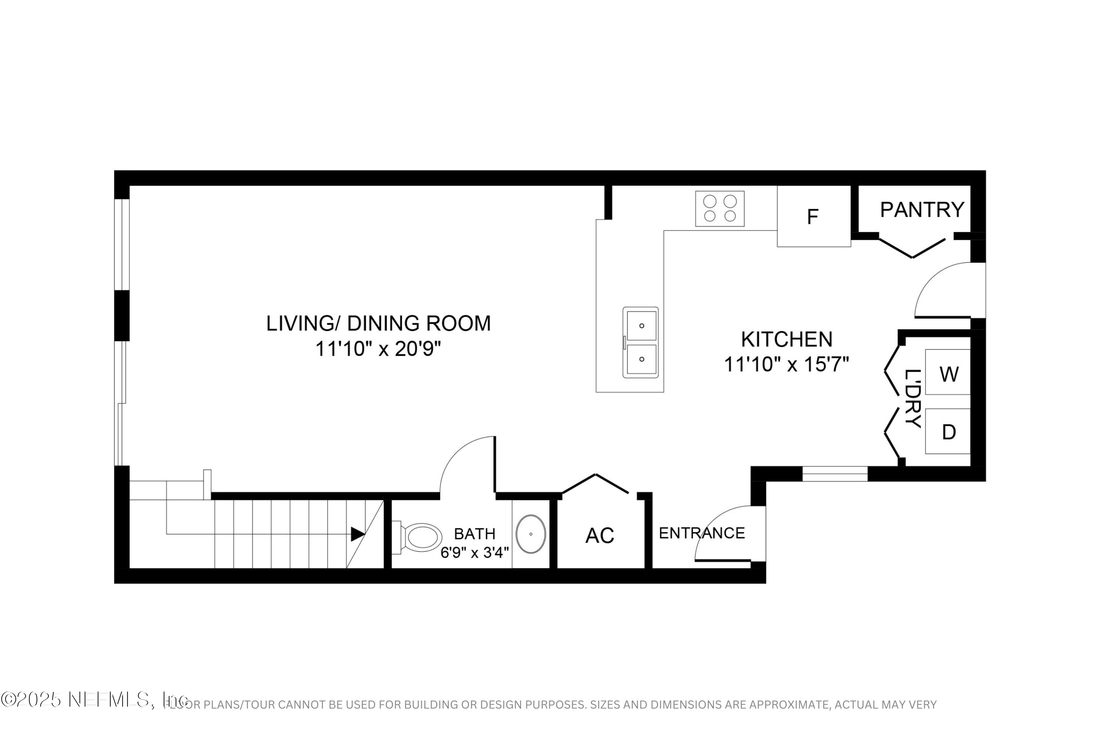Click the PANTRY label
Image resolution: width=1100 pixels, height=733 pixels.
click(x=922, y=210)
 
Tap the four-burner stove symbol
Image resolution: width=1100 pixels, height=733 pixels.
click(x=720, y=209)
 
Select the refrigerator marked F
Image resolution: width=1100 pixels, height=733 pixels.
click(x=813, y=217)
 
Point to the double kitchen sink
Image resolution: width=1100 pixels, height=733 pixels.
click(x=641, y=342)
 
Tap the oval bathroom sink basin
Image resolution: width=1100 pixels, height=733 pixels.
click(x=531, y=534)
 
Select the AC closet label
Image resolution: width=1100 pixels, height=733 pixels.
click(x=599, y=536)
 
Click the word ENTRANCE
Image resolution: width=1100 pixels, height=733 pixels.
click(x=701, y=533)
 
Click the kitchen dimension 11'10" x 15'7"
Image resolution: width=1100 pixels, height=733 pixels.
click(x=786, y=365)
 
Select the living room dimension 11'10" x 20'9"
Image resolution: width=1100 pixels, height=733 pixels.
click(x=378, y=349)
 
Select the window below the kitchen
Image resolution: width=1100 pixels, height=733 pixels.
click(x=835, y=474)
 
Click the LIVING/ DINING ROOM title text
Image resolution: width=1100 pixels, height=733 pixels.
click(x=378, y=324)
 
